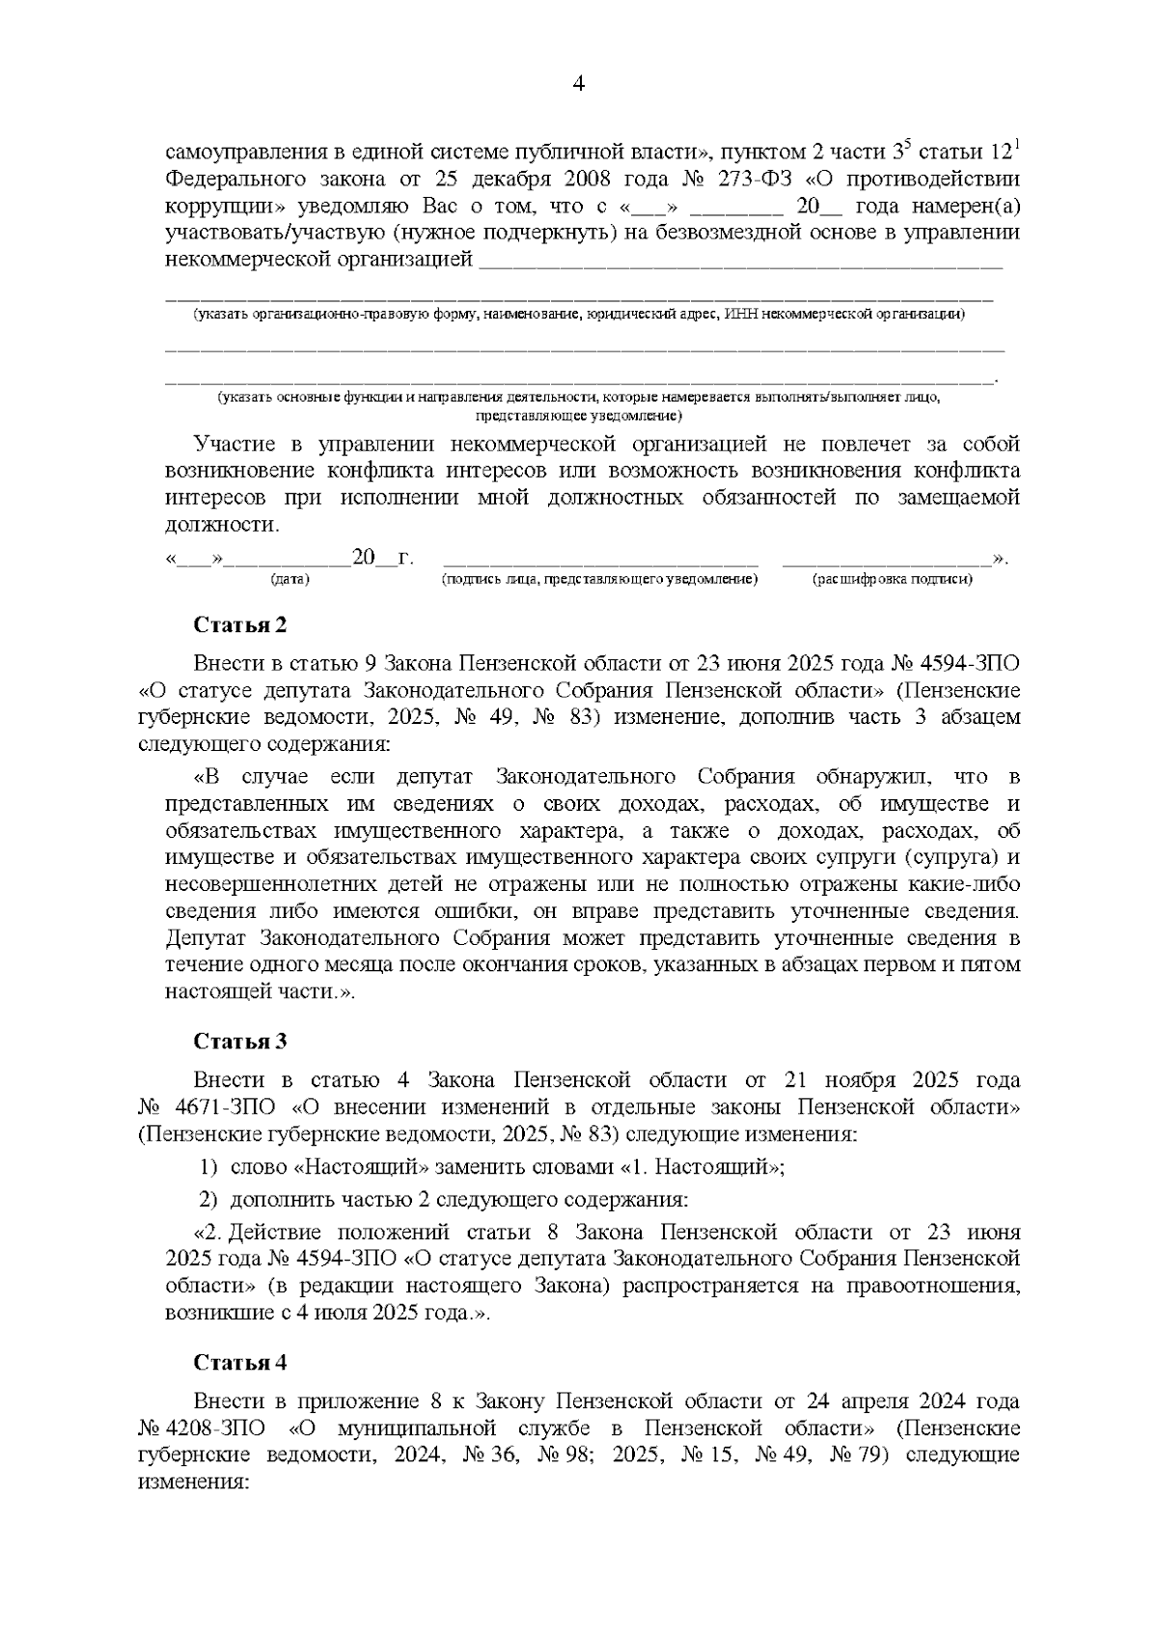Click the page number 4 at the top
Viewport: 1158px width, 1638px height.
tap(579, 84)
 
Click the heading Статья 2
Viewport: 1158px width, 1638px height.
tap(240, 625)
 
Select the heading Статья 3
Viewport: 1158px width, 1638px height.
tap(240, 1041)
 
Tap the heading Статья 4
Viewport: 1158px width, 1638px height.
tap(240, 1362)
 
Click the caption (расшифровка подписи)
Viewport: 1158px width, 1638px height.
tap(893, 579)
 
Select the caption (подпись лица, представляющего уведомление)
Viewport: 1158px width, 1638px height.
tap(599, 579)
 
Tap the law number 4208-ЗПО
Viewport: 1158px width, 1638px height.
tap(205, 1427)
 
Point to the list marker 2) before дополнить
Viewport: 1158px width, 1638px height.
tap(209, 1200)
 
